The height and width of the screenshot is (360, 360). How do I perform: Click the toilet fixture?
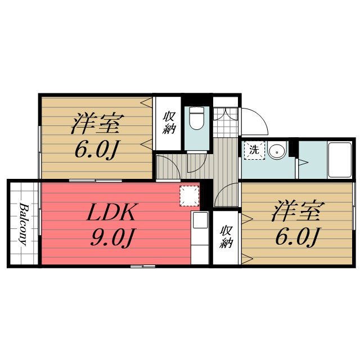click(196, 118)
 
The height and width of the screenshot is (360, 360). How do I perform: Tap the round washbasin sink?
click(277, 150)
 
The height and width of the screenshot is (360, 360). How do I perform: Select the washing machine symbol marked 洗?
click(254, 150)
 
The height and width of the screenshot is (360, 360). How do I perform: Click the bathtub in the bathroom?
click(340, 160)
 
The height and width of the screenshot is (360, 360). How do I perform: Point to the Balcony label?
click(23, 224)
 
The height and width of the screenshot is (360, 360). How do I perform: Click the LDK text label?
click(111, 212)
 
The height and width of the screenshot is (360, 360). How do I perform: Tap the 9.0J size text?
click(113, 237)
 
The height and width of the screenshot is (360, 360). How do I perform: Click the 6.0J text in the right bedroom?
click(297, 236)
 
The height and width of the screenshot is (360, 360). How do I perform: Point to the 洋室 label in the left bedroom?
click(97, 124)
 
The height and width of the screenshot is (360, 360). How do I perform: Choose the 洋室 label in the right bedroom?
click(298, 211)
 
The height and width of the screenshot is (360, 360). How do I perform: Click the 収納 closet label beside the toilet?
click(169, 123)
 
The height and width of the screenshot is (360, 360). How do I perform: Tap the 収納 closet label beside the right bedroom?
click(226, 237)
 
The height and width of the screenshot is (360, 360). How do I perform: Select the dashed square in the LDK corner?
click(190, 196)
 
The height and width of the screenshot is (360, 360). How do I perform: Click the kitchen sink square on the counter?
click(200, 220)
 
